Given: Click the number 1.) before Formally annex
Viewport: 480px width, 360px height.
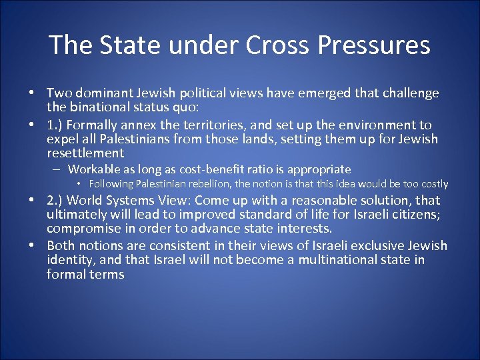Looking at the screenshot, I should pos(55,125).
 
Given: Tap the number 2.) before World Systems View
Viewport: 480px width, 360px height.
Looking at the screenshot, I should pos(55,200).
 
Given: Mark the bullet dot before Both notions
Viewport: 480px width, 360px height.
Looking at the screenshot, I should pos(32,246).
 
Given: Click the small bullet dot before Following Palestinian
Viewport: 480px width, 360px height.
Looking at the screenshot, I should pos(79,183).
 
